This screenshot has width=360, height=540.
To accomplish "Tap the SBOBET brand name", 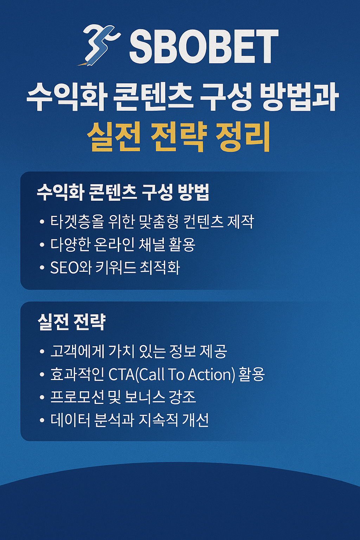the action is coord(204,46).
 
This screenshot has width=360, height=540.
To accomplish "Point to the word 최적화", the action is coord(160,268).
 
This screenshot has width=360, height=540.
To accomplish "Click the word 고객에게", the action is coord(77,351).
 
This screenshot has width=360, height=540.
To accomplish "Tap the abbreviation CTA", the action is coord(121,374).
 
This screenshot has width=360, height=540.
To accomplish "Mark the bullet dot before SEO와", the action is coord(42,268).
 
